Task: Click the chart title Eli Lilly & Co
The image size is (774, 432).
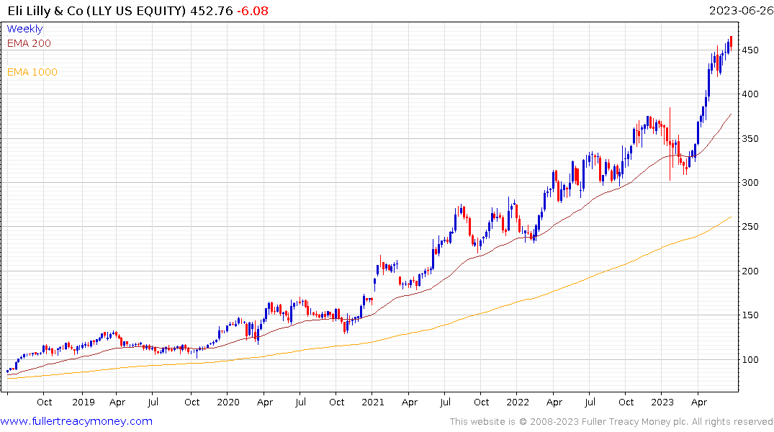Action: [x=93, y=11]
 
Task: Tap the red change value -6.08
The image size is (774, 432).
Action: [x=248, y=11]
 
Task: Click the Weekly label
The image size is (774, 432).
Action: [x=24, y=30]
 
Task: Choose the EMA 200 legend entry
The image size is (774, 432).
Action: [x=29, y=43]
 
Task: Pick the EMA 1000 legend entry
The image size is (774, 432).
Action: [x=32, y=72]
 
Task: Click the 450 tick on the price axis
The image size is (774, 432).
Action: [x=750, y=50]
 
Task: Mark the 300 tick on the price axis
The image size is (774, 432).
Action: [x=750, y=183]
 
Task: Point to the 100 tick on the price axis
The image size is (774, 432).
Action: [x=750, y=360]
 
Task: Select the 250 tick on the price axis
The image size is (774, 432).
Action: [x=750, y=228]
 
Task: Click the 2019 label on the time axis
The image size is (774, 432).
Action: [x=84, y=402]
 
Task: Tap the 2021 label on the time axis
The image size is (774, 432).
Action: [x=373, y=402]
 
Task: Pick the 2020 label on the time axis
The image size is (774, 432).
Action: [x=228, y=402]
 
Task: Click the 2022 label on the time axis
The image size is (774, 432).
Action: [x=517, y=402]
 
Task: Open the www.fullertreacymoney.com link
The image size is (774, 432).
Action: [x=76, y=421]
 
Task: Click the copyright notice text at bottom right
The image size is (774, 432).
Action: [x=611, y=422]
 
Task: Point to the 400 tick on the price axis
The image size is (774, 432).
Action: [x=750, y=94]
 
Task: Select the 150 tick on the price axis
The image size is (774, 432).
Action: [x=750, y=315]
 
